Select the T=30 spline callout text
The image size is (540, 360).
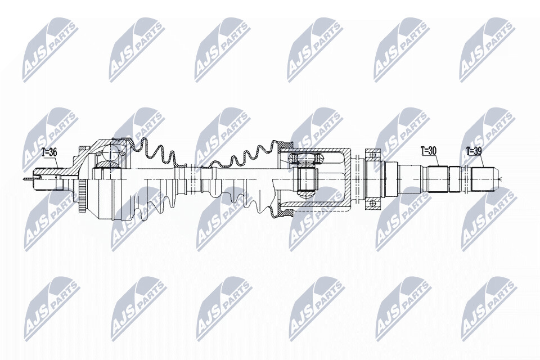point(429,151)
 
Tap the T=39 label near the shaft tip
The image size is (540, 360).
point(474,151)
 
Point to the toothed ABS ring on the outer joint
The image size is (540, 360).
point(83,197)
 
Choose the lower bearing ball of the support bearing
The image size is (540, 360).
point(372,204)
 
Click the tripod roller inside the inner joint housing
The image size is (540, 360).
point(307,178)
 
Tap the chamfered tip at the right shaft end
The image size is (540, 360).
point(497,179)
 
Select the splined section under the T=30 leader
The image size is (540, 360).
point(438,179)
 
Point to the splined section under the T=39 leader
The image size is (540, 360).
point(483,179)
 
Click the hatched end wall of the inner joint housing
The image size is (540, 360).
point(348,178)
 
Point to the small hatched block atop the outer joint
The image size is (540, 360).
point(82,150)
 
